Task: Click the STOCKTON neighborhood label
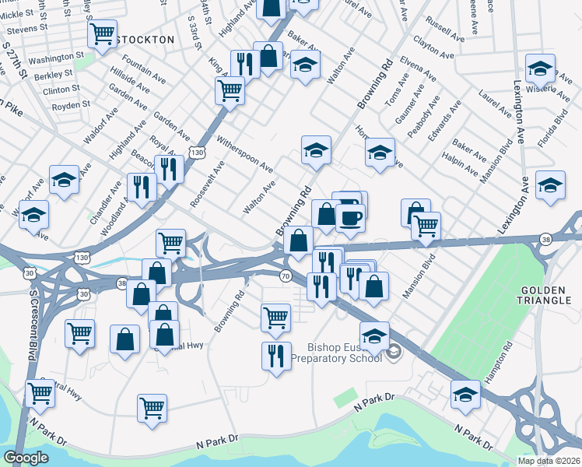click(145, 39)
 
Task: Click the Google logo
click(26, 458)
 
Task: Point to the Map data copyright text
click(549, 461)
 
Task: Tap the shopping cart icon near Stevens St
click(103, 34)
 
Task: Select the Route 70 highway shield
click(286, 276)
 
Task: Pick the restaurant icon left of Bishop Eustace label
click(276, 356)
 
